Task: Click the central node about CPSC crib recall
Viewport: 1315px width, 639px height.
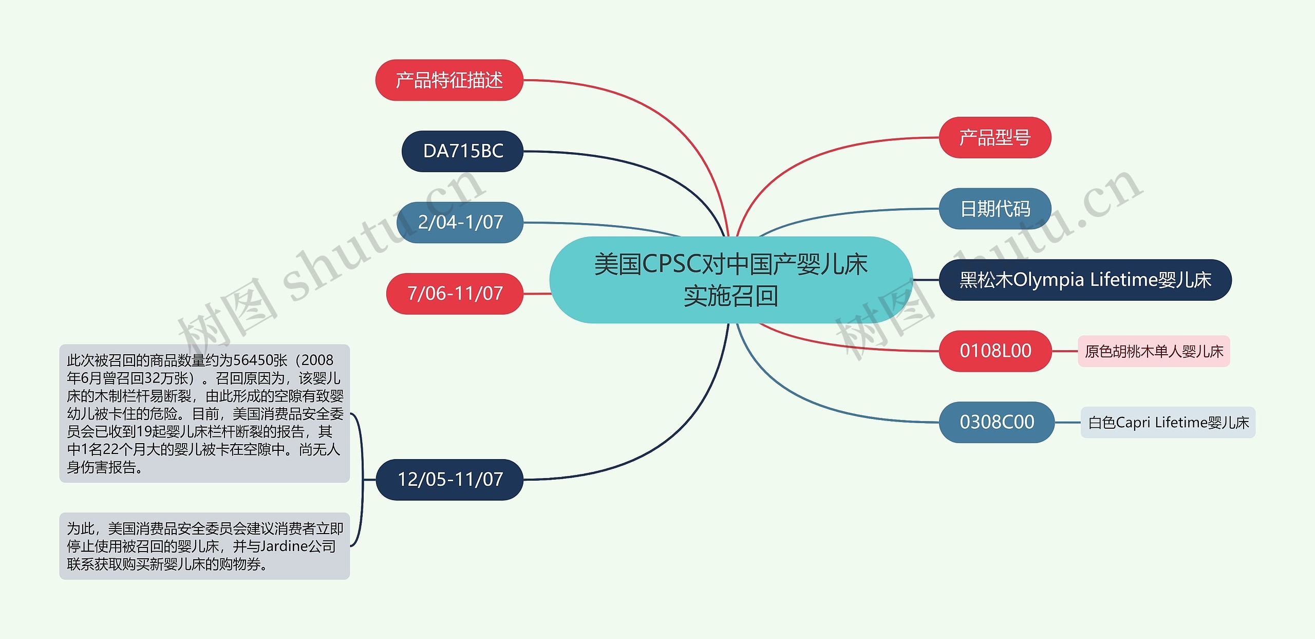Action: tap(730, 280)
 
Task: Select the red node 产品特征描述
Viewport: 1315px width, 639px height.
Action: tap(449, 80)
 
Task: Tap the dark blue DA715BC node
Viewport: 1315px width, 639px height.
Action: tap(462, 151)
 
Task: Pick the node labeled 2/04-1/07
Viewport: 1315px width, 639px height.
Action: tap(460, 222)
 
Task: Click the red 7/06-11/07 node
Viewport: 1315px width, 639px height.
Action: tap(455, 294)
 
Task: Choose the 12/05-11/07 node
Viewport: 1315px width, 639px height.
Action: tap(449, 480)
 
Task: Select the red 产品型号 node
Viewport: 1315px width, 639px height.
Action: tap(994, 138)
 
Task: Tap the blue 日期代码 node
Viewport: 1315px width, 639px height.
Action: tap(994, 209)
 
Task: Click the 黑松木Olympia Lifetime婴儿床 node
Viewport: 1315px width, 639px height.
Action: tap(1085, 280)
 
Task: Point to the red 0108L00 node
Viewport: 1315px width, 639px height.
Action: tap(995, 351)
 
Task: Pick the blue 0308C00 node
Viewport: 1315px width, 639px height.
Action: tap(997, 422)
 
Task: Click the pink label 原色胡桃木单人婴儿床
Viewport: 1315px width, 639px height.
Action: tap(1154, 352)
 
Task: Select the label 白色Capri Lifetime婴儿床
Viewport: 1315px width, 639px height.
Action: tap(1168, 423)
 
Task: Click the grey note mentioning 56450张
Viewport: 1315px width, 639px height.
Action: tap(204, 413)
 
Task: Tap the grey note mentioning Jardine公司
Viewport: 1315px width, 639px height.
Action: tap(204, 546)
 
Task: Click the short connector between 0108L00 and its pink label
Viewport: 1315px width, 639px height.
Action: tap(1064, 351)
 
